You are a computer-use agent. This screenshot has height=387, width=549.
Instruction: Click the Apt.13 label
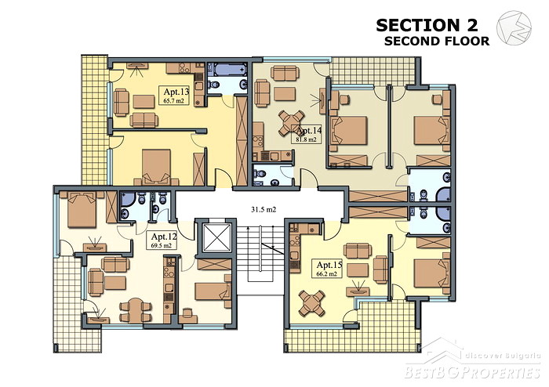176,92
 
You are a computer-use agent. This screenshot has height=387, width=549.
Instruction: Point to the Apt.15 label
329,265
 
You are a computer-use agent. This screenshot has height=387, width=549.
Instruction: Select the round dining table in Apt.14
291,122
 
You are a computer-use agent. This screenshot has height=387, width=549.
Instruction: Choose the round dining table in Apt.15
312,302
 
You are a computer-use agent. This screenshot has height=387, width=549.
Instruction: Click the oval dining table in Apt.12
136,309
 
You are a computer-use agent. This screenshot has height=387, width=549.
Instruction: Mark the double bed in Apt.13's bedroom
157,167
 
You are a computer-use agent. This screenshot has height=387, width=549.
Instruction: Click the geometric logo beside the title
514,28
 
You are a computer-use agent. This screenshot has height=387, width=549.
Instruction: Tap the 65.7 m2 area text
173,101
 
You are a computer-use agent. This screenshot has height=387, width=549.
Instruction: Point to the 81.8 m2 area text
304,139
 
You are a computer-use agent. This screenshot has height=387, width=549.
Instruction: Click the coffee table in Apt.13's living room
144,101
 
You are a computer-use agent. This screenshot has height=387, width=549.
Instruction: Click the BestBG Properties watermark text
472,372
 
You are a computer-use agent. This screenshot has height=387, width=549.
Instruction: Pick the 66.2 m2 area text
327,274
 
